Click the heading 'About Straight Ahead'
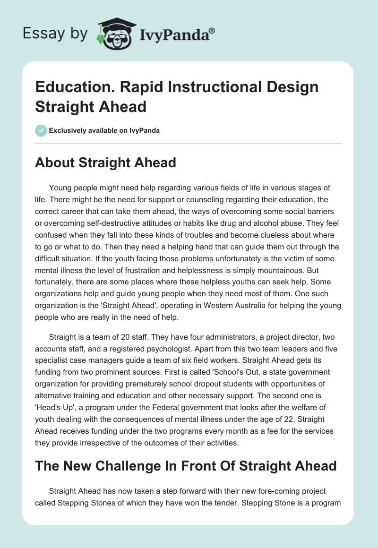click(x=105, y=163)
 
